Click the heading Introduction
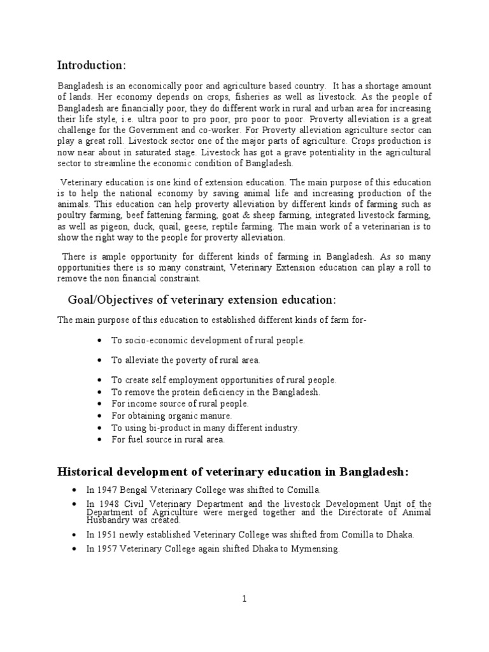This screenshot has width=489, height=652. [x=92, y=65]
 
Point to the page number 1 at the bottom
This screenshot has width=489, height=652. [x=244, y=599]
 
